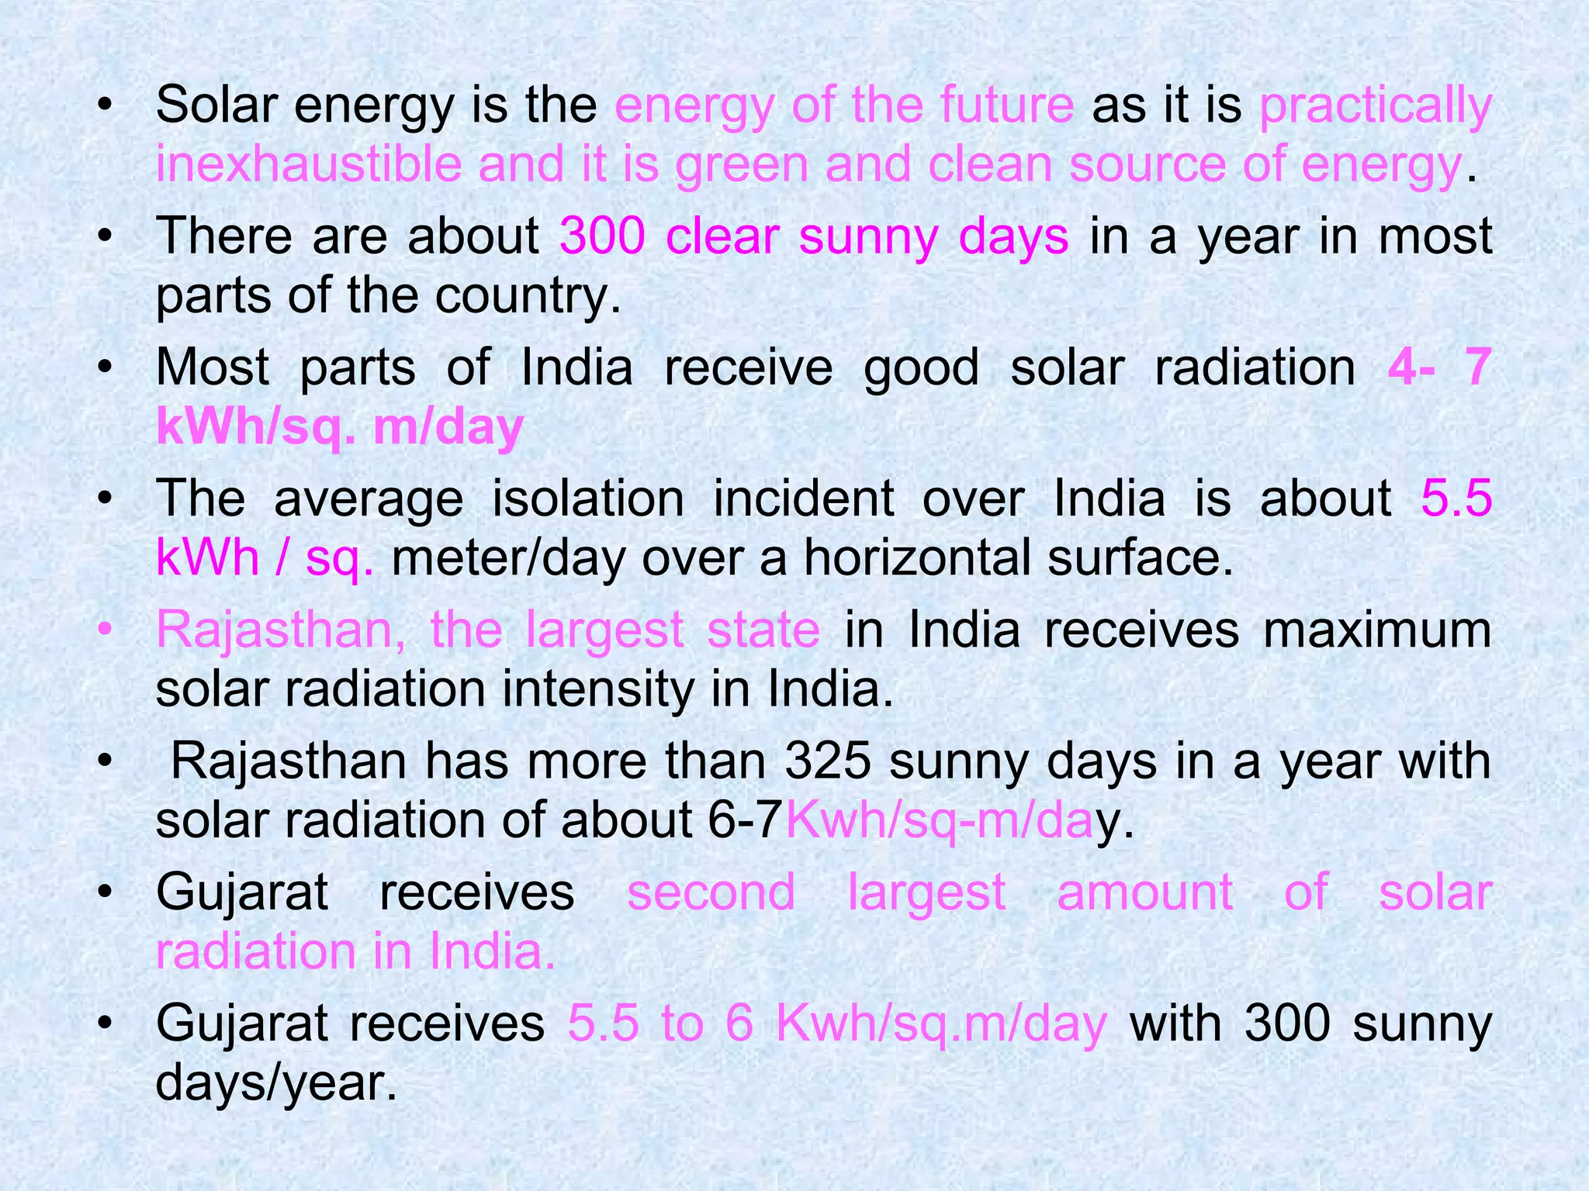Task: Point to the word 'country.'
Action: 528,295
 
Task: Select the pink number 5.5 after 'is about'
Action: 1456,498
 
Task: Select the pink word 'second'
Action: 711,892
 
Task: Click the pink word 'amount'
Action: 1144,892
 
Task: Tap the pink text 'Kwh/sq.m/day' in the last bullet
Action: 941,1024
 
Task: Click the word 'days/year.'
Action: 276,1082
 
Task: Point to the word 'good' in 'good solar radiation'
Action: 921,368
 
